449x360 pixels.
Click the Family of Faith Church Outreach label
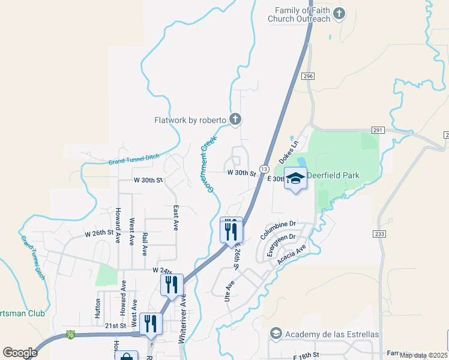(x=303, y=14)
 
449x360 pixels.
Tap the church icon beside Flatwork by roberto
(x=235, y=120)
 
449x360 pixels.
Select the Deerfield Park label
(x=333, y=175)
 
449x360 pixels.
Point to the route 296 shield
(x=308, y=76)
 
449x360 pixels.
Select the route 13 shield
(x=264, y=169)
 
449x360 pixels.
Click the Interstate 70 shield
(x=70, y=334)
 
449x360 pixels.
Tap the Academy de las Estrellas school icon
(x=276, y=333)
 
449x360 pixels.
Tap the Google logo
(x=20, y=353)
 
